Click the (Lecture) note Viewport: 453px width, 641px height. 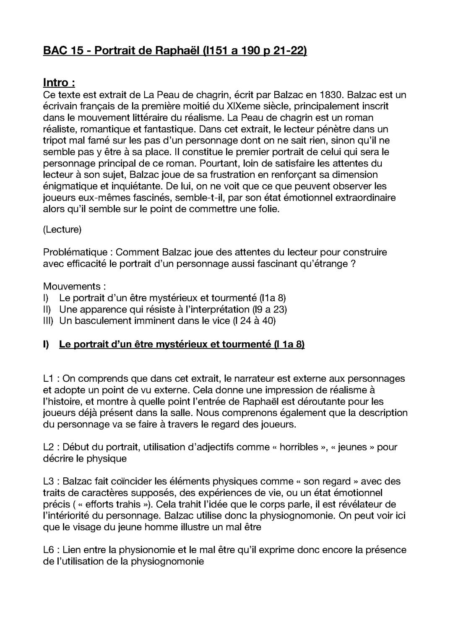62,229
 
